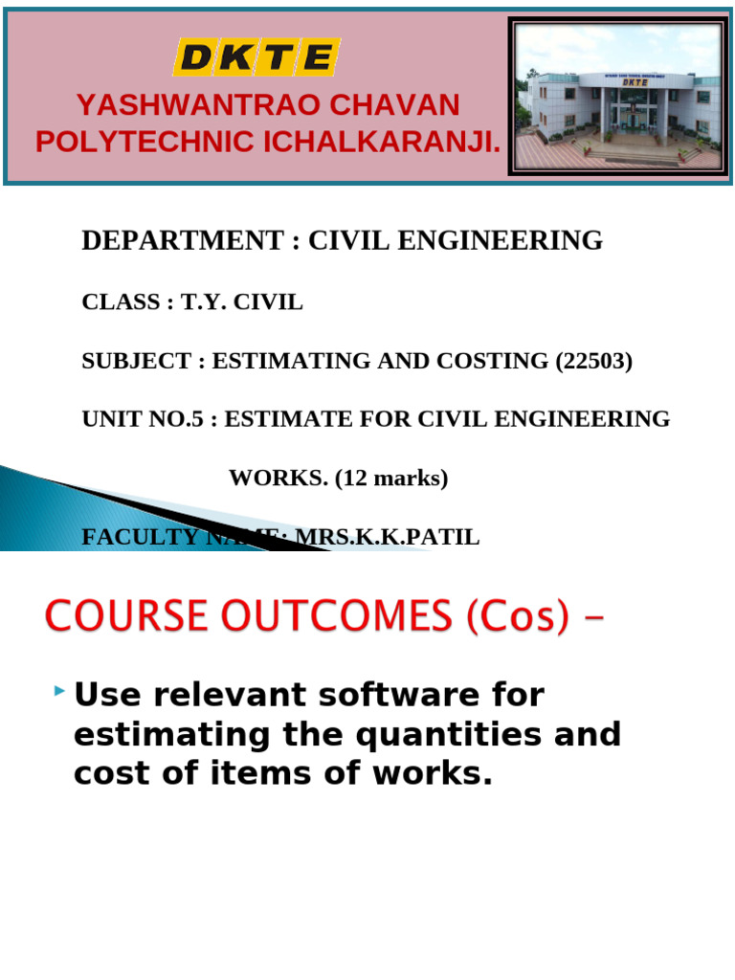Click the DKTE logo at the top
(x=256, y=58)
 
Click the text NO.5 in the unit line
(x=180, y=419)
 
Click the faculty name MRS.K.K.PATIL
(x=387, y=537)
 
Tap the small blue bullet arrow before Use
(x=61, y=690)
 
